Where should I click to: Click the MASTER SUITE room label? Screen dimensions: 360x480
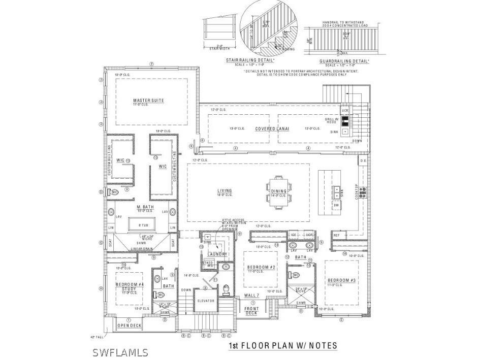[148, 101]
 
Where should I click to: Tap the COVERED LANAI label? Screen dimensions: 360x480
[272, 129]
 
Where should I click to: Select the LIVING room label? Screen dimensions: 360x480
[225, 191]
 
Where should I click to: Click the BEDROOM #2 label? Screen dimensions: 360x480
[261, 267]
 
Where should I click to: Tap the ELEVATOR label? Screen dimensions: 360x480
[206, 301]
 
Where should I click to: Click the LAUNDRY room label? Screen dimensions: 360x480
[217, 254]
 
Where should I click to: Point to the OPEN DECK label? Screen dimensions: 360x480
[129, 325]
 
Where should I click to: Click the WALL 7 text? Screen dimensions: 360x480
[252, 295]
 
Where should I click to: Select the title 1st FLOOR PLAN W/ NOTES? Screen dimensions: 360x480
[282, 346]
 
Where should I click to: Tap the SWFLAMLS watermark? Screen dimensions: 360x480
[120, 352]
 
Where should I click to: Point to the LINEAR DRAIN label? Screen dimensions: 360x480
[143, 248]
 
